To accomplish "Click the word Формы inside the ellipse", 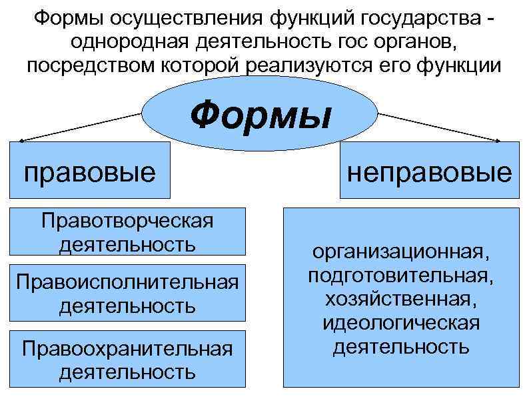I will [260, 116].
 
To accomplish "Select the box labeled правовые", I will [89, 171].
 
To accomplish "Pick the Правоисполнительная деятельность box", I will [127, 294].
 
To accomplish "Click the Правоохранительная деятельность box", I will [127, 359].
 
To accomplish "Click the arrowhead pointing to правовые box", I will [23, 141].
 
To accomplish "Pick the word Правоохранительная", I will [127, 348].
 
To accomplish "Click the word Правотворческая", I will [127, 221].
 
